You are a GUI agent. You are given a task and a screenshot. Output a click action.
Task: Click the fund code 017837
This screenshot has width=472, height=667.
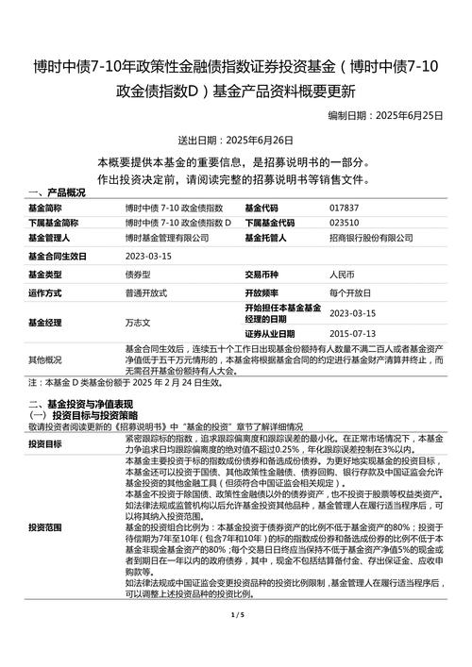pos(344,208)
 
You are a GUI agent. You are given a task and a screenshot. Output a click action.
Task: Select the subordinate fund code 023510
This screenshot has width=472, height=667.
pos(344,223)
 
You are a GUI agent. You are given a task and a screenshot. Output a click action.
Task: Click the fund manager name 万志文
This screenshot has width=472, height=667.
pos(138,322)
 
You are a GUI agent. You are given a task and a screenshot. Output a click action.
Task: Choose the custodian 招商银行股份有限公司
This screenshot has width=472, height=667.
pos(371,239)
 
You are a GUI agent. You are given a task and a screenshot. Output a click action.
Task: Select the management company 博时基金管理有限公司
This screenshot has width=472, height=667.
pos(167,239)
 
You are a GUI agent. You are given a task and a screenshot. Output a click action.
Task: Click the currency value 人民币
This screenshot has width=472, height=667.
pos(342,275)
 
